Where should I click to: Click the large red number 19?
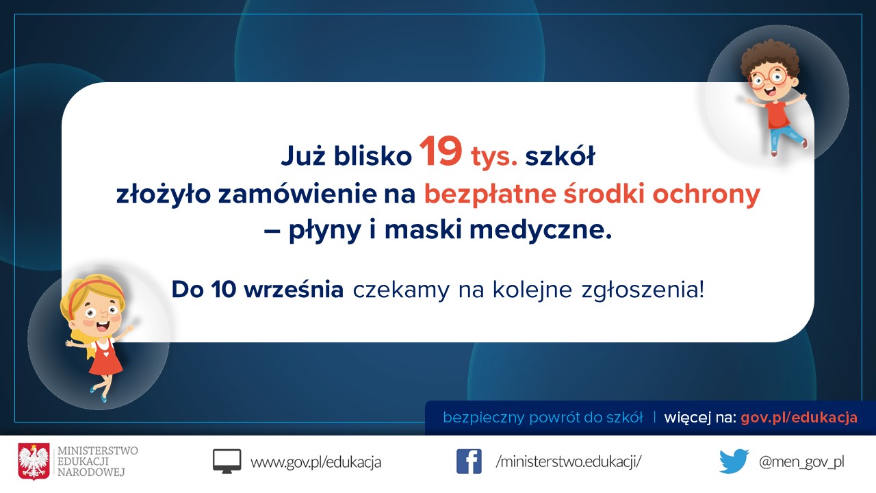point(441,151)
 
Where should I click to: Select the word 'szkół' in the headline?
point(560,155)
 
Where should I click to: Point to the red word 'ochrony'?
point(706,194)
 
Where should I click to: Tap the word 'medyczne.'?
point(541,230)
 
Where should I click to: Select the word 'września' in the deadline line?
point(294,290)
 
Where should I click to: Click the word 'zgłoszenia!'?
point(643,290)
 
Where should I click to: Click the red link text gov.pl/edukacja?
point(799,418)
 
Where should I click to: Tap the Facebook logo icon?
point(469,462)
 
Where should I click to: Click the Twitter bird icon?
point(734,462)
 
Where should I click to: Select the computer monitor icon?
point(227,462)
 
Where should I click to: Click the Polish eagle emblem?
point(34,462)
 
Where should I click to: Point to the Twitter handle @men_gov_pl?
point(801,462)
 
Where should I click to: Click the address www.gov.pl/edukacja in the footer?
point(315,462)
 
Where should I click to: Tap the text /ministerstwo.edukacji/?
point(568,462)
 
